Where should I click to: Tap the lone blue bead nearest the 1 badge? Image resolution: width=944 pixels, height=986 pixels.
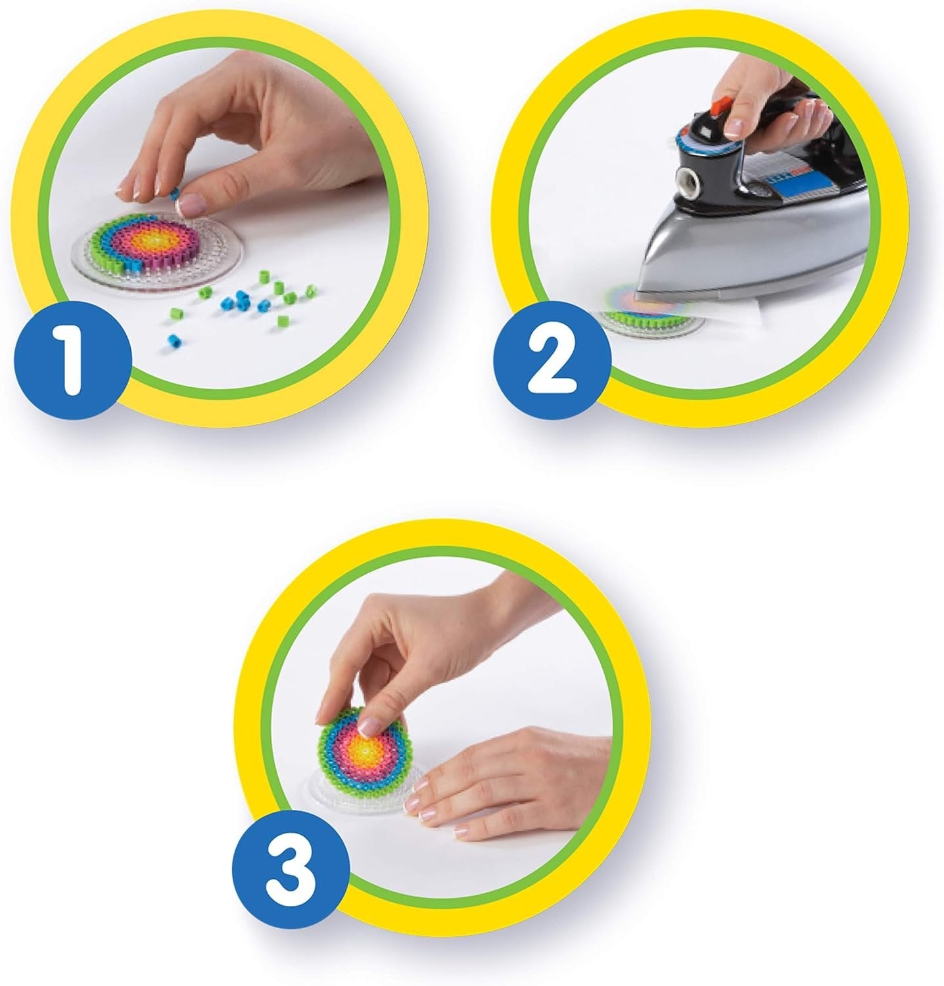(174, 340)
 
